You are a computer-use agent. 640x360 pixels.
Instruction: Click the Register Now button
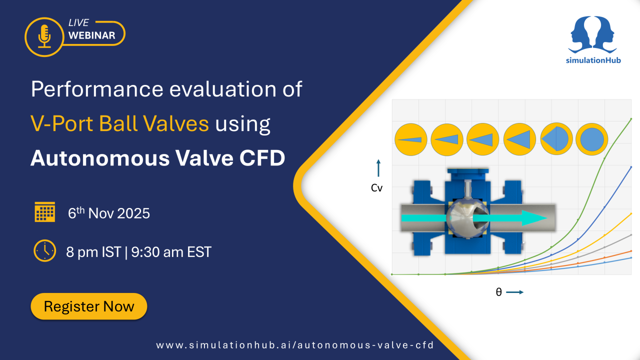click(89, 306)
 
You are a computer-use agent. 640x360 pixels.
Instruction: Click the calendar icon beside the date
click(45, 212)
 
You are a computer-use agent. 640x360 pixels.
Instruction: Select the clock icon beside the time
click(45, 250)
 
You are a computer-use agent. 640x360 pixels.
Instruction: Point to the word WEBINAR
click(91, 35)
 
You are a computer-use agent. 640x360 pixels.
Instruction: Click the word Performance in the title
click(96, 89)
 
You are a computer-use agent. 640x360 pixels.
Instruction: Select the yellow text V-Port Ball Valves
click(119, 123)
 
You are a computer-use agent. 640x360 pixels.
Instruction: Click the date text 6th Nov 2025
click(109, 213)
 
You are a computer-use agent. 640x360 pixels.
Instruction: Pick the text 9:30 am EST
click(171, 252)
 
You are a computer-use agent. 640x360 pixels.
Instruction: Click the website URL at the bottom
click(294, 345)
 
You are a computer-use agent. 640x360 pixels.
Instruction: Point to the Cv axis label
click(377, 188)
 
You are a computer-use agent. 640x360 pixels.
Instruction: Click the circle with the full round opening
click(591, 139)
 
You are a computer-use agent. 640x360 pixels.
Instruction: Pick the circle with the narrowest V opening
click(410, 139)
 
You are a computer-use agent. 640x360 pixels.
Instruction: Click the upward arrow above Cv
click(378, 168)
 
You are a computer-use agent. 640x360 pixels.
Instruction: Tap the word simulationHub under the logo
click(592, 60)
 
